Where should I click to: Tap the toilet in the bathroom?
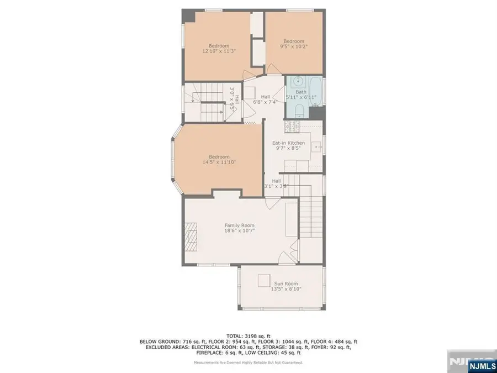[298, 114]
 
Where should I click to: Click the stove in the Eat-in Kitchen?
[292, 128]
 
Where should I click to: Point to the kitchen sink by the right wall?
[317, 148]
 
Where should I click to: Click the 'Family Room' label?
[239, 225]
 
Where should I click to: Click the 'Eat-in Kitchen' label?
[288, 143]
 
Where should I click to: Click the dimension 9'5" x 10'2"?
[294, 47]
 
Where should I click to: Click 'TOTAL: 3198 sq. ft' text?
[248, 336]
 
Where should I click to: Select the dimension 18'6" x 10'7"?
[239, 232]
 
